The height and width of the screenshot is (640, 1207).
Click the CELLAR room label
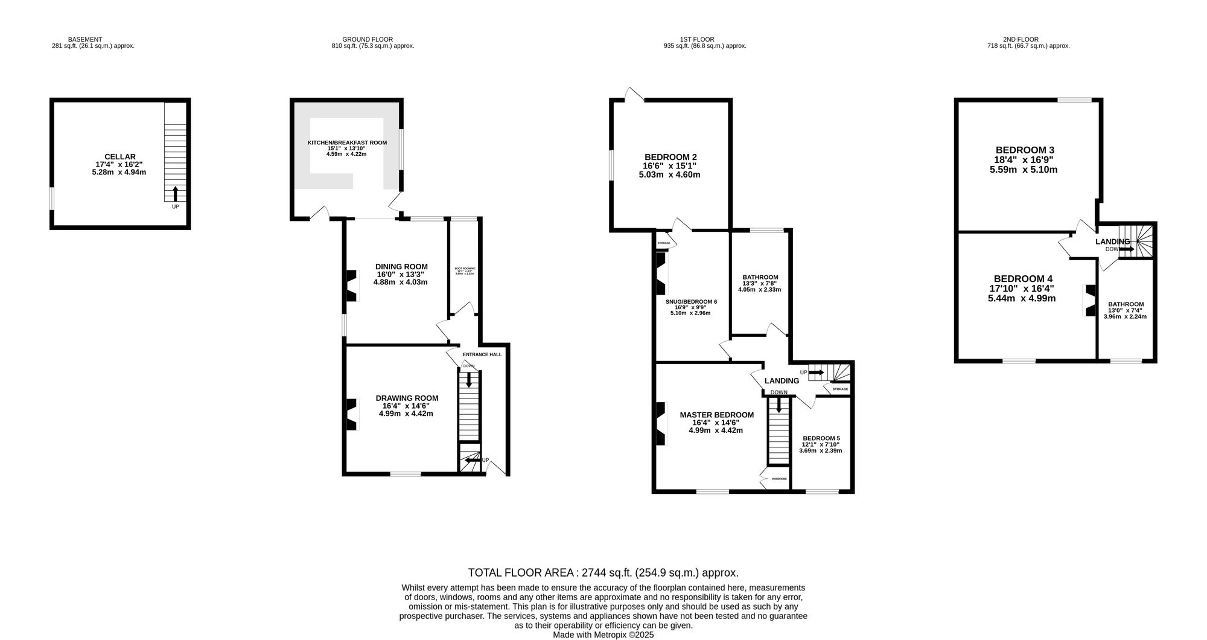[x=119, y=156]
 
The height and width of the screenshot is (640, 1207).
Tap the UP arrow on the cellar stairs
[x=176, y=194]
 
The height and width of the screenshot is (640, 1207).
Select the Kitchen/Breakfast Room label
[x=347, y=142]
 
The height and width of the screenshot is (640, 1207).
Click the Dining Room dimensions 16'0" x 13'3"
[x=401, y=274]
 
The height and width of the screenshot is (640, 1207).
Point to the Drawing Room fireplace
[x=351, y=415]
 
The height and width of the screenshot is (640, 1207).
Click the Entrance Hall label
[x=482, y=354]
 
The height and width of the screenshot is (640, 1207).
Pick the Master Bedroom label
[x=716, y=415]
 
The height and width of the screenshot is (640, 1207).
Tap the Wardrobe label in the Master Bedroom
[x=779, y=479]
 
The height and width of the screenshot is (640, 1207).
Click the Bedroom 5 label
[x=821, y=438]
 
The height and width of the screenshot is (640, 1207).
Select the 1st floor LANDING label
[x=782, y=381]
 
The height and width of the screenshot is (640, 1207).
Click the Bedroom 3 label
[x=1024, y=150]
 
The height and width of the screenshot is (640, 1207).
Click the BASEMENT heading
[x=84, y=39]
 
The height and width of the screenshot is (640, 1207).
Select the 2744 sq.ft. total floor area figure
[x=603, y=572]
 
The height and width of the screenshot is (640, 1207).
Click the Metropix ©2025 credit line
[x=603, y=635]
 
